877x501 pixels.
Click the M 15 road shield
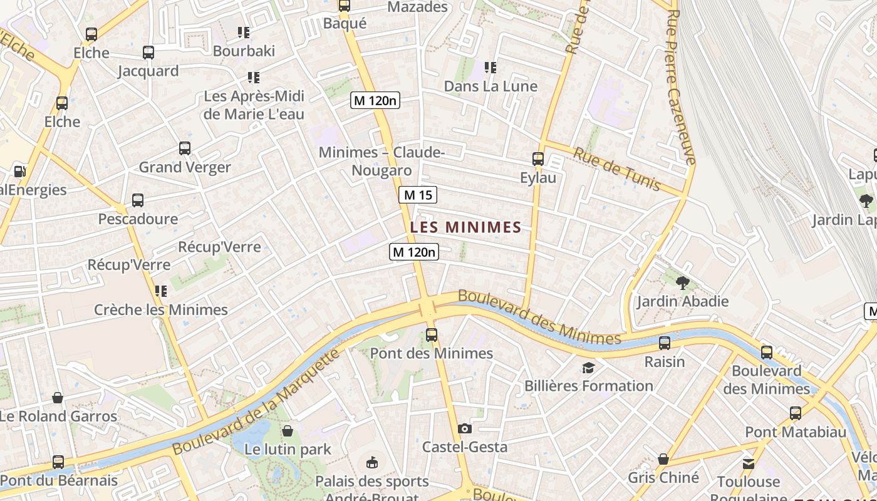click(418, 195)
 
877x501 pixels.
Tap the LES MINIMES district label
click(465, 227)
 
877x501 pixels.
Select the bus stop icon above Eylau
click(537, 159)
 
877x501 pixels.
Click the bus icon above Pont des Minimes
click(431, 334)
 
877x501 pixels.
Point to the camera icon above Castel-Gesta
click(464, 429)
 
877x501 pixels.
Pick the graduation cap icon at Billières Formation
click(588, 368)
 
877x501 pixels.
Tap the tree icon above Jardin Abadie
click(682, 283)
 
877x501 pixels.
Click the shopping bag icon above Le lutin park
click(288, 431)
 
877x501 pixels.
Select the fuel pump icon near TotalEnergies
click(19, 171)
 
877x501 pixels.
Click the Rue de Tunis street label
click(617, 168)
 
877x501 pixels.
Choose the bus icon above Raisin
click(665, 343)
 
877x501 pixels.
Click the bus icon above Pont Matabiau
click(795, 413)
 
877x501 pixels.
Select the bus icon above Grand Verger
click(184, 148)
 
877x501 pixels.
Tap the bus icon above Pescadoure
click(138, 200)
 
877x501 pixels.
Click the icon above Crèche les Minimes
click(161, 291)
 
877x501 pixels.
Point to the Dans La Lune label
click(490, 86)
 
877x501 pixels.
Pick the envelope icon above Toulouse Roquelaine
click(749, 464)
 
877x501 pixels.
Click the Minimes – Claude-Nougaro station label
click(381, 162)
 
